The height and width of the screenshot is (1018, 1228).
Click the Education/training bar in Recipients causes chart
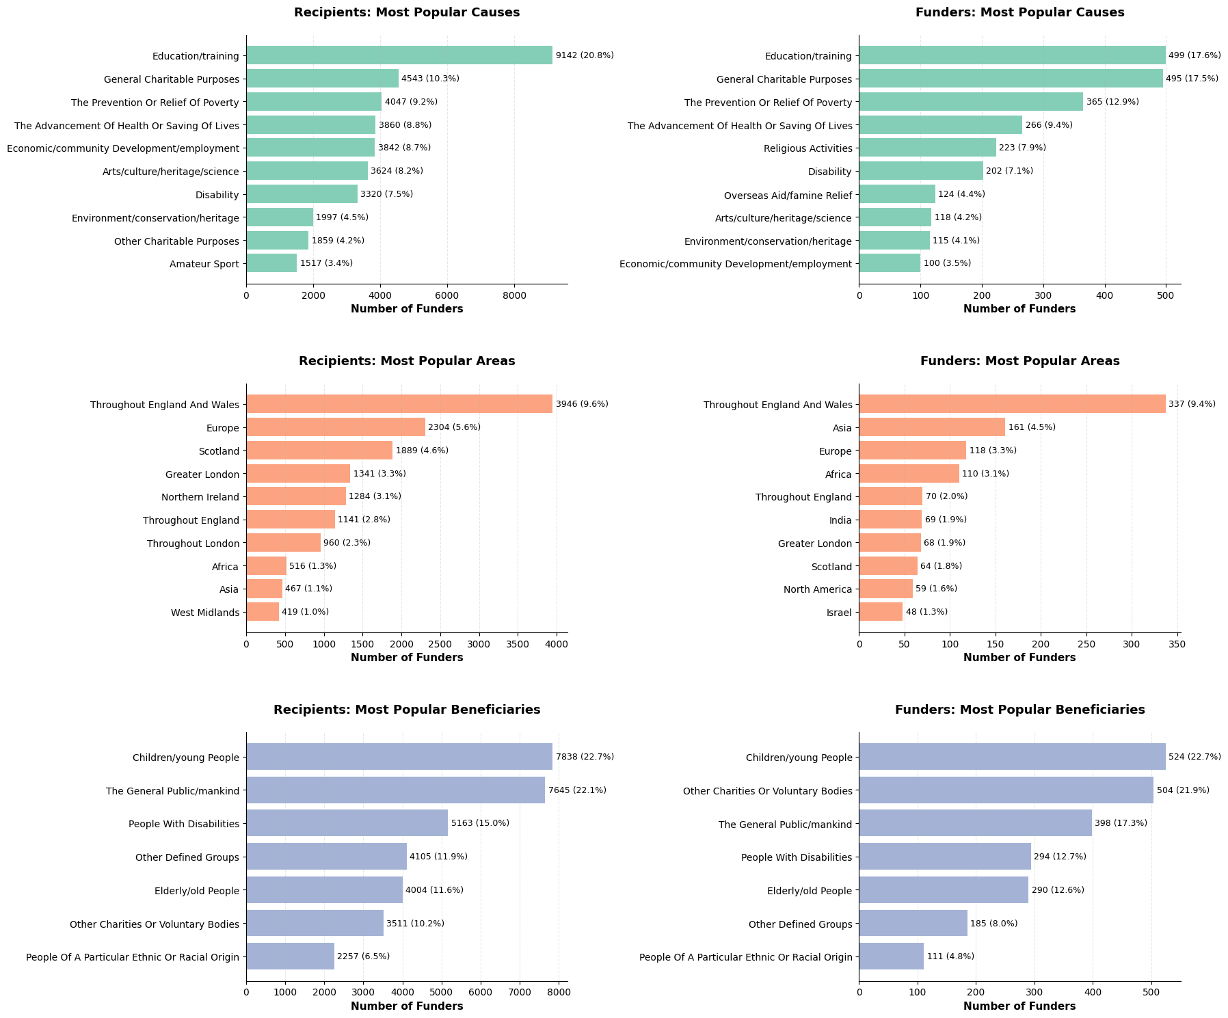(x=399, y=55)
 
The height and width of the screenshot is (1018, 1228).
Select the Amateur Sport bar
(x=271, y=263)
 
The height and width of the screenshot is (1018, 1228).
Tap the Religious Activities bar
(x=927, y=148)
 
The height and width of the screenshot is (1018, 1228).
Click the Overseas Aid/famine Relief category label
(x=788, y=196)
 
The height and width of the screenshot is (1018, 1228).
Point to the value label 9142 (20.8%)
(x=585, y=55)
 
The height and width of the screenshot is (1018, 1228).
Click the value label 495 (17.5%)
(x=1192, y=79)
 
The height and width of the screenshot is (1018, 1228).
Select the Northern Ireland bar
(x=296, y=496)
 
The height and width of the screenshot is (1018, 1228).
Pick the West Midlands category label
(x=205, y=613)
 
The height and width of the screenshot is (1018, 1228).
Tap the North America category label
(x=818, y=589)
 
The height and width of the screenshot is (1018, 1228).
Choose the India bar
(x=890, y=520)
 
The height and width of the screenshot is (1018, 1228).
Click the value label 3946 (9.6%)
(x=582, y=404)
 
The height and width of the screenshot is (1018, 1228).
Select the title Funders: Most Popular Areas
(x=1019, y=361)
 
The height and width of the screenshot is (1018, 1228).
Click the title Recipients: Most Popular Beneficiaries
(x=407, y=710)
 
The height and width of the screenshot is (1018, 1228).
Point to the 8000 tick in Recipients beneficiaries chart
(x=559, y=990)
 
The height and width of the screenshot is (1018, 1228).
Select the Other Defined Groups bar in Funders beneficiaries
(x=913, y=923)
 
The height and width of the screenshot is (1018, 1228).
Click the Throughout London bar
(x=283, y=543)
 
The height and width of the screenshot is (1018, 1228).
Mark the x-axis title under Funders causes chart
(x=1019, y=309)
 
